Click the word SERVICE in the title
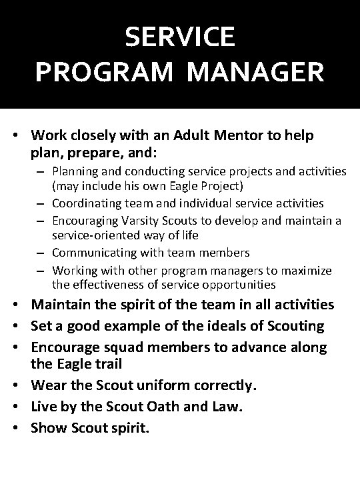coord(180,37)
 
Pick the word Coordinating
coord(84,203)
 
